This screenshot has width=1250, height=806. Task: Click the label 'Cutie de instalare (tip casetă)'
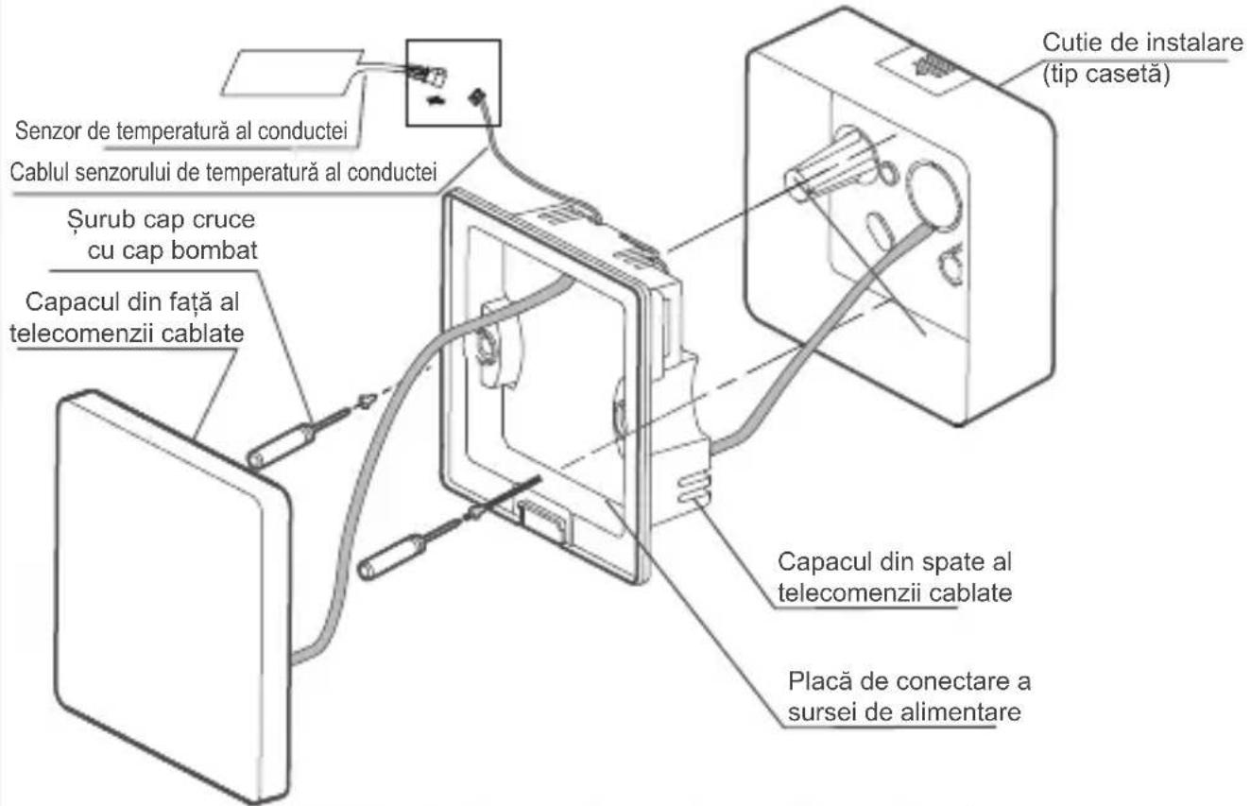pos(1141,59)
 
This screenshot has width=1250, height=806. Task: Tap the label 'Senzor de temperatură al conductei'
pos(181,130)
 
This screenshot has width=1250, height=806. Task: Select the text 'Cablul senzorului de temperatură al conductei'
pos(223,172)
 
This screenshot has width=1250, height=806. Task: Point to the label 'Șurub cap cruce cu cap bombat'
pos(162,234)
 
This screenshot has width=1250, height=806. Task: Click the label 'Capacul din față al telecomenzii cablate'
pos(128,317)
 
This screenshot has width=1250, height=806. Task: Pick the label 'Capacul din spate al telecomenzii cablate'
pos(895,577)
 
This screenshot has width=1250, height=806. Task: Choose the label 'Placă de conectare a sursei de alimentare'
pos(909,696)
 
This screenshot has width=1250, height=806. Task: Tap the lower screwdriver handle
pos(392,557)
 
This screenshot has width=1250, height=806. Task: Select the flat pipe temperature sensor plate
pos(292,73)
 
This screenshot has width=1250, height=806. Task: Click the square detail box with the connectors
pos(454,82)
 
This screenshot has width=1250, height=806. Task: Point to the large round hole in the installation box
pos(933,196)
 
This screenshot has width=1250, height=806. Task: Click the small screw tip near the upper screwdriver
pos(365,401)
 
